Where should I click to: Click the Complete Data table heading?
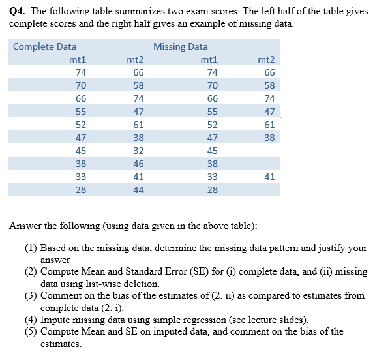pos(44,46)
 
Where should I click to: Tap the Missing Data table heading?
pos(181,46)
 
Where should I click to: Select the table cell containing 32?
pos(138,150)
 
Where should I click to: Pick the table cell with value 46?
pos(138,163)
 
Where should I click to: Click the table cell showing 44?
pos(138,189)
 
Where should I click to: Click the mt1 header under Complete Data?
pos(78,59)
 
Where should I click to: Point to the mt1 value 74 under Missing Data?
pos(213,72)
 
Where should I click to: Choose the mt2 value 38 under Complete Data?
pos(138,137)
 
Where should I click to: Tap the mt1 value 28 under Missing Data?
pos(213,189)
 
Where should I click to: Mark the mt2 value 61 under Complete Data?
pos(138,124)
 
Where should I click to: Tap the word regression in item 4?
pos(198,319)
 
